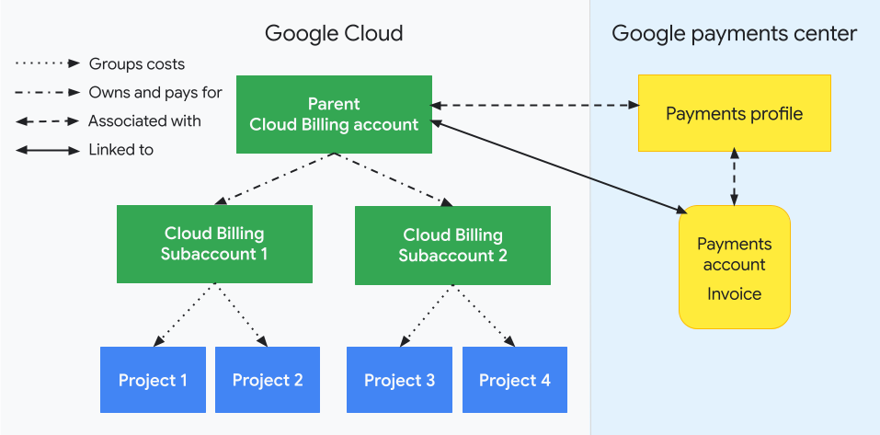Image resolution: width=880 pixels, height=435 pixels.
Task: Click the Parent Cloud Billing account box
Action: click(334, 114)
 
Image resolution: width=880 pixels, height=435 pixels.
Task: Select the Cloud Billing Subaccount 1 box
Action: click(214, 244)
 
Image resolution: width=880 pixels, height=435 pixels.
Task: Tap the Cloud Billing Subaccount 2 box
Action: click(452, 245)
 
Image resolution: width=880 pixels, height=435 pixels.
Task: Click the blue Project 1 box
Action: click(153, 380)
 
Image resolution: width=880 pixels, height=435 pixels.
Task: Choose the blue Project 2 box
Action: click(268, 380)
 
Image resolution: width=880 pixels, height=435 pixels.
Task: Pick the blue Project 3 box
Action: click(399, 380)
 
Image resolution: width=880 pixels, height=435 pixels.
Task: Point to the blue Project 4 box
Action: click(515, 380)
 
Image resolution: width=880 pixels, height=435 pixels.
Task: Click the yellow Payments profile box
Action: click(734, 114)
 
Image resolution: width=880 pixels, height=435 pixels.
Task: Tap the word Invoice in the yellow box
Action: click(734, 294)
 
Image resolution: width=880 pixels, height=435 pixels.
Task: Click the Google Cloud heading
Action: click(334, 34)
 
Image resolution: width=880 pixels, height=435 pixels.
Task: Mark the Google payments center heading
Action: click(734, 34)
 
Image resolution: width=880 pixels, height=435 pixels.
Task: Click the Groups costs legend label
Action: click(137, 64)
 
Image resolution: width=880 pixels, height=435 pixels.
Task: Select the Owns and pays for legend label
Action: click(155, 93)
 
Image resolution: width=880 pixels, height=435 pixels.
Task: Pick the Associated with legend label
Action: click(144, 121)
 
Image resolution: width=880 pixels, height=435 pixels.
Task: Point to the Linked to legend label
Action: click(120, 150)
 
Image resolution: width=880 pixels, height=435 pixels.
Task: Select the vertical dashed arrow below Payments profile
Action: click(733, 178)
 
